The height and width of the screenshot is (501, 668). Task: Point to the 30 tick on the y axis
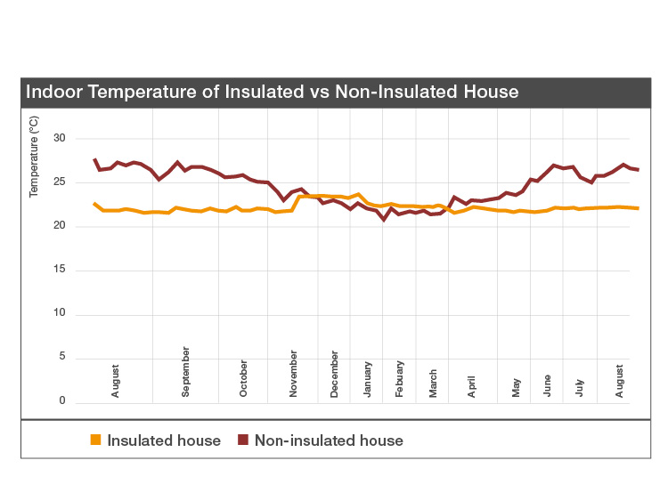(60, 138)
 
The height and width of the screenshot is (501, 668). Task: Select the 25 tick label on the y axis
(60, 182)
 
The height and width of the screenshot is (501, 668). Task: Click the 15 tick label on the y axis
(60, 270)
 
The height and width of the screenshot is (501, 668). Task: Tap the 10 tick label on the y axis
(60, 314)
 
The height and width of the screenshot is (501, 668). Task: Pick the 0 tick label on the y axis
(62, 401)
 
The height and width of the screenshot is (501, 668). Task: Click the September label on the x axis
(186, 372)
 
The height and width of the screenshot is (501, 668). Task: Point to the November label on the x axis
(294, 374)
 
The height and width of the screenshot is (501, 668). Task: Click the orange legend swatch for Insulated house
(96, 440)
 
